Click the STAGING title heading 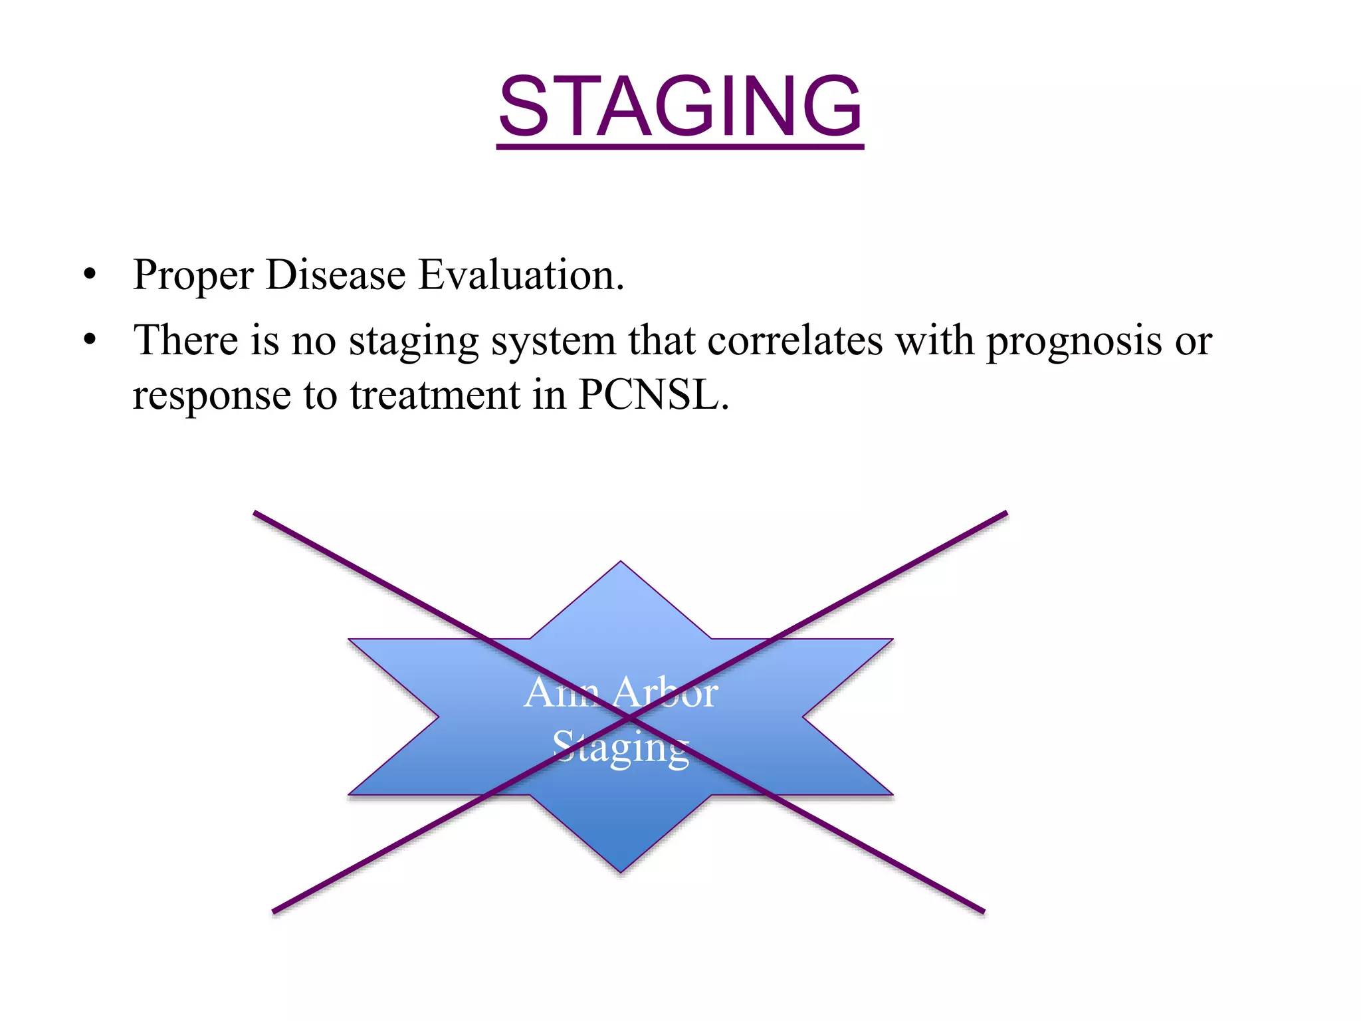[680, 106]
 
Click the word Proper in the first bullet [193, 275]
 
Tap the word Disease [335, 275]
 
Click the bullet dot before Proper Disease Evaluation [90, 275]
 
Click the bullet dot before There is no [90, 340]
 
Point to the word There [185, 340]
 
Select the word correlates [794, 340]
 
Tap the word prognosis [1074, 341]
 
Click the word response [211, 396]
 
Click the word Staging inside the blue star [621, 747]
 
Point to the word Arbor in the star [665, 693]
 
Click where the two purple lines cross [629, 718]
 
